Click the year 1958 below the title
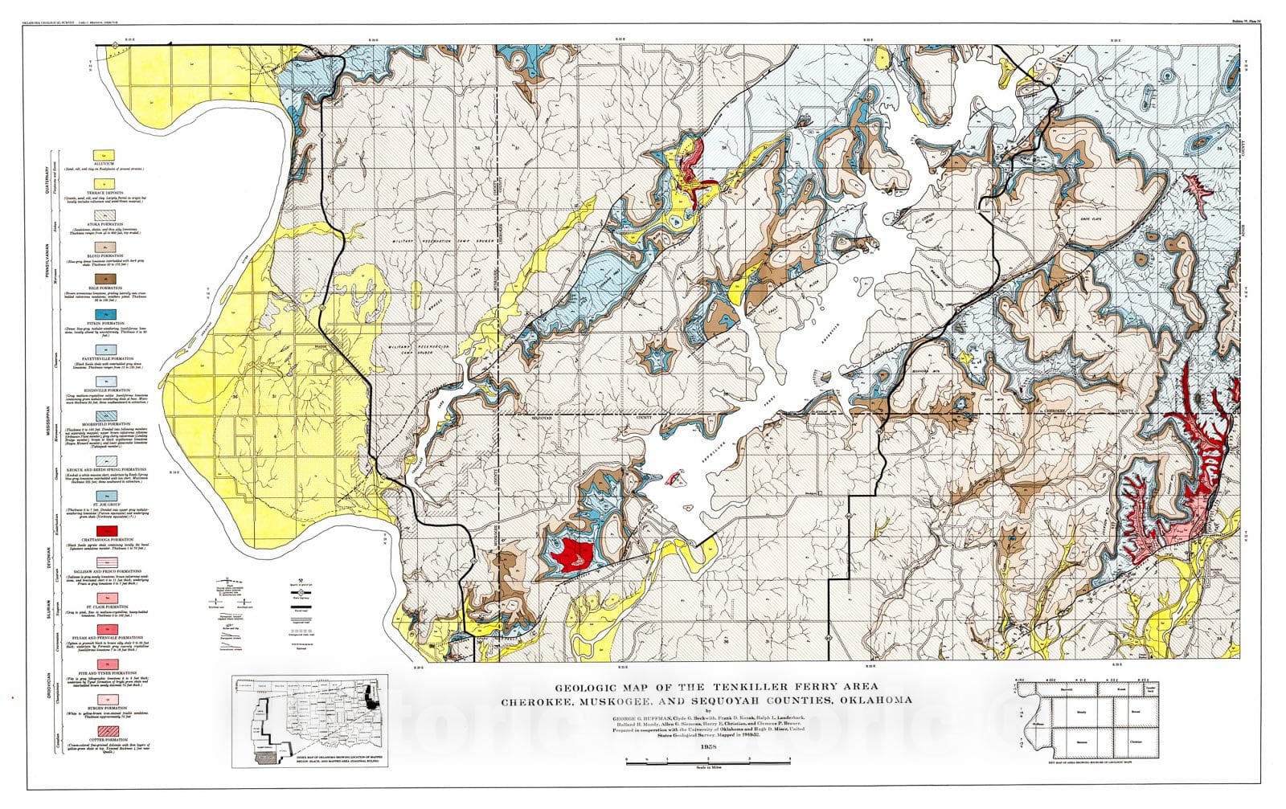tap(708, 747)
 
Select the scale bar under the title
tap(708, 759)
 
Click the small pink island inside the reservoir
tap(674, 479)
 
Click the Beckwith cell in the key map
tap(1067, 689)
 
